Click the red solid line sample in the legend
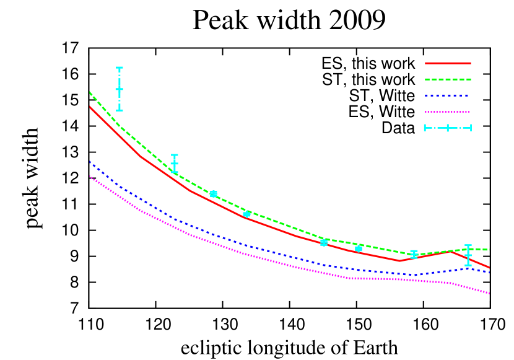(x=448, y=63)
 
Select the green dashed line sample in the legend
(x=448, y=79)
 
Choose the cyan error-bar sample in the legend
(x=448, y=128)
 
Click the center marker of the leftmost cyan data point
(x=120, y=89)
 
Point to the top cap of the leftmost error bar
(x=120, y=68)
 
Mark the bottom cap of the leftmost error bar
(x=120, y=110)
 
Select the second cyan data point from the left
(x=175, y=164)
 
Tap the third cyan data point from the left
(x=214, y=194)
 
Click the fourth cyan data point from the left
(x=246, y=214)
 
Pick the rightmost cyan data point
(x=468, y=255)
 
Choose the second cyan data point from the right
(x=414, y=254)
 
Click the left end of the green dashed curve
(x=90, y=92)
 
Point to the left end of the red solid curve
(x=90, y=107)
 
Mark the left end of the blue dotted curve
(x=90, y=162)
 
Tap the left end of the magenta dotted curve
(x=90, y=177)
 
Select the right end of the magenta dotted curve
(x=490, y=294)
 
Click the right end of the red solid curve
(x=490, y=268)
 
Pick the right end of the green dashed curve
(x=490, y=250)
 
